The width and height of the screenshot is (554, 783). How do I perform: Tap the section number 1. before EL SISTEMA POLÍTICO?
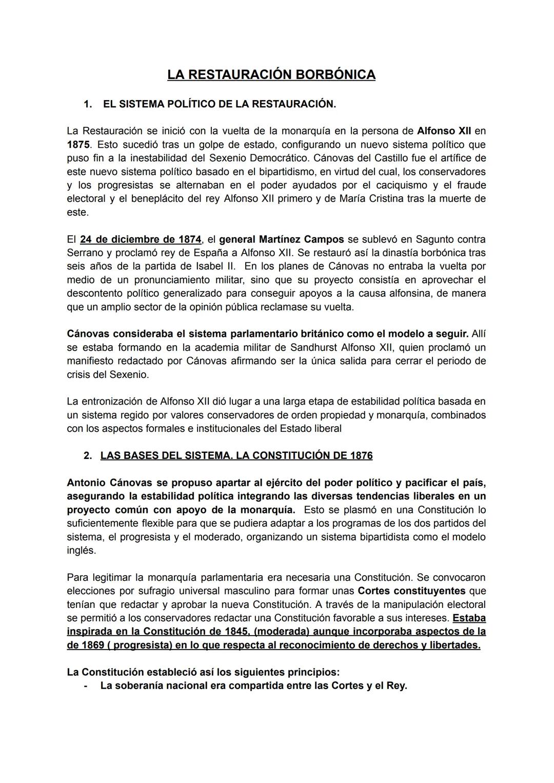pyautogui.click(x=88, y=104)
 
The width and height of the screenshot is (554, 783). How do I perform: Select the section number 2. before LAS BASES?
pyautogui.click(x=88, y=455)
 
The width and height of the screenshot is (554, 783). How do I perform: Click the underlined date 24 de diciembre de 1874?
pyautogui.click(x=141, y=239)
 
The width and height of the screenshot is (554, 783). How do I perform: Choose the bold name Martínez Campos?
pyautogui.click(x=301, y=239)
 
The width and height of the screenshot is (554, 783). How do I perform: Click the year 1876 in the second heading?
pyautogui.click(x=362, y=455)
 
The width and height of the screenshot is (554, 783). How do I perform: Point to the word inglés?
pyautogui.click(x=81, y=550)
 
